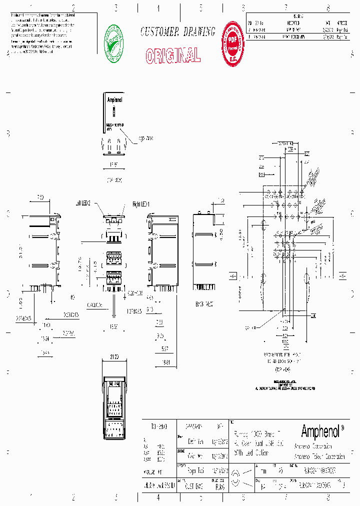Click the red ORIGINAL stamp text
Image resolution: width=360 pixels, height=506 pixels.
[173, 55]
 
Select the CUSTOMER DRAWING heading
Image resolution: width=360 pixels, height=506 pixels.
[177, 32]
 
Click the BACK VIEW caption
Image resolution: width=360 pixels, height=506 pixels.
[205, 303]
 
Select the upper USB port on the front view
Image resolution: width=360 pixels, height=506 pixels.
[114, 257]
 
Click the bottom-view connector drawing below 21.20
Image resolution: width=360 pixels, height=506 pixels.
[114, 407]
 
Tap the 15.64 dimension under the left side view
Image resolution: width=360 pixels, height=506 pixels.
[45, 339]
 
